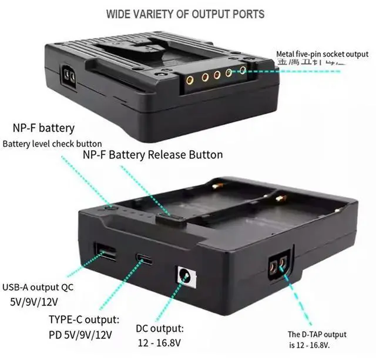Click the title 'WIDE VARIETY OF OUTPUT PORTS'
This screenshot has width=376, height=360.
pos(185,13)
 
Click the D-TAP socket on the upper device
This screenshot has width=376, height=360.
pos(68,76)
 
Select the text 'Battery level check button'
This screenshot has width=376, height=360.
pos(52,144)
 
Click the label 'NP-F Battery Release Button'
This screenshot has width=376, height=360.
pos(153,155)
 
